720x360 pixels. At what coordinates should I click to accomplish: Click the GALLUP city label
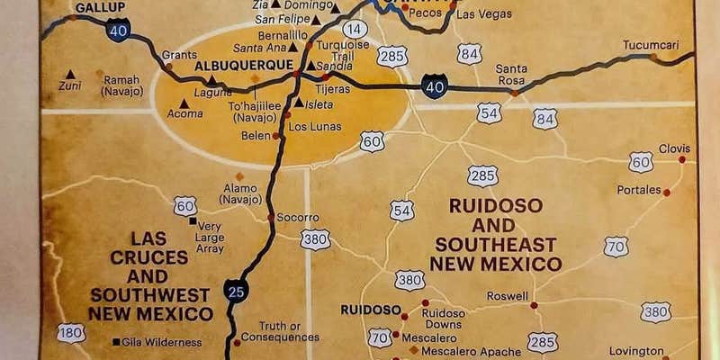[99, 8]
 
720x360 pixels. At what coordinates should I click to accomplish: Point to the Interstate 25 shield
[236, 290]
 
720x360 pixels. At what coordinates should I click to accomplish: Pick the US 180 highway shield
[70, 333]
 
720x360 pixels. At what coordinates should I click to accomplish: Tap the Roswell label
[508, 295]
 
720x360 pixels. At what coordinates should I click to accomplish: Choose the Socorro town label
[298, 217]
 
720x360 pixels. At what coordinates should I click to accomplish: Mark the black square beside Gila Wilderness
[116, 341]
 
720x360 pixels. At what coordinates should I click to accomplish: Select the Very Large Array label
[211, 238]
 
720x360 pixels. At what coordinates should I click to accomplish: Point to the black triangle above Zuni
[70, 75]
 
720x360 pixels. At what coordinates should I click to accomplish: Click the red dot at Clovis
[681, 159]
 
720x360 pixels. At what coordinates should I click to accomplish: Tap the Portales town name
[638, 190]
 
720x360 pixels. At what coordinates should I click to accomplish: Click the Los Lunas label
[314, 126]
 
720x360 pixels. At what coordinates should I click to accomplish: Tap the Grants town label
[179, 54]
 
